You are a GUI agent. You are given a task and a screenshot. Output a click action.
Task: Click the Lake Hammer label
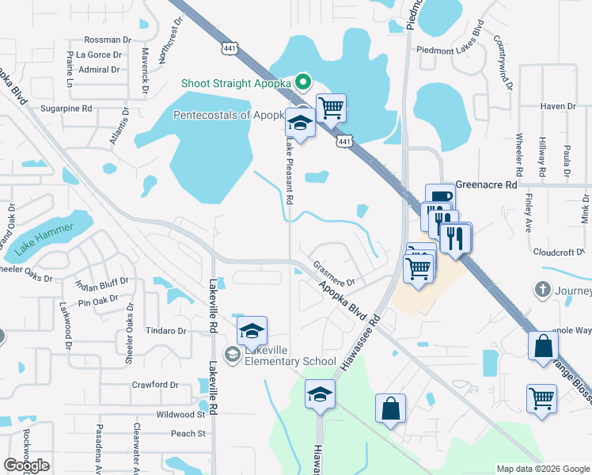(44, 237)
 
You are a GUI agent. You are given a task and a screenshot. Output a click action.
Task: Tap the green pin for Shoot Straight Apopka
(302, 82)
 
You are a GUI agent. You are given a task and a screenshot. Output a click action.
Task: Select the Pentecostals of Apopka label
(228, 115)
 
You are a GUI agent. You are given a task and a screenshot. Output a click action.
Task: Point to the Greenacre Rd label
(486, 184)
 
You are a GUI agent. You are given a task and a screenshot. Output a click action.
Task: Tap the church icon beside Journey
(542, 289)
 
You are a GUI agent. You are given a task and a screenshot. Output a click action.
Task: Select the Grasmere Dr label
(333, 273)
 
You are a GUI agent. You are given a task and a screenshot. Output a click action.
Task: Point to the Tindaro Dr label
(165, 331)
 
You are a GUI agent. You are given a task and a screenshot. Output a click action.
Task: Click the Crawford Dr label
(156, 385)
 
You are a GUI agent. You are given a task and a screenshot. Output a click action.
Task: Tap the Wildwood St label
(180, 414)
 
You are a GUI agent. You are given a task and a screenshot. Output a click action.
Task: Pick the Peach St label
(188, 433)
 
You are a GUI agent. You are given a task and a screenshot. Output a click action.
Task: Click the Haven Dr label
(557, 106)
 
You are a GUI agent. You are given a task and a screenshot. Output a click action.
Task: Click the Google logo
(27, 465)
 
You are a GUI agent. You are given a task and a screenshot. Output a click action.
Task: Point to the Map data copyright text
(543, 469)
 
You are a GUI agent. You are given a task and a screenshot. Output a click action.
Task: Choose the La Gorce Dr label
(101, 55)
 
